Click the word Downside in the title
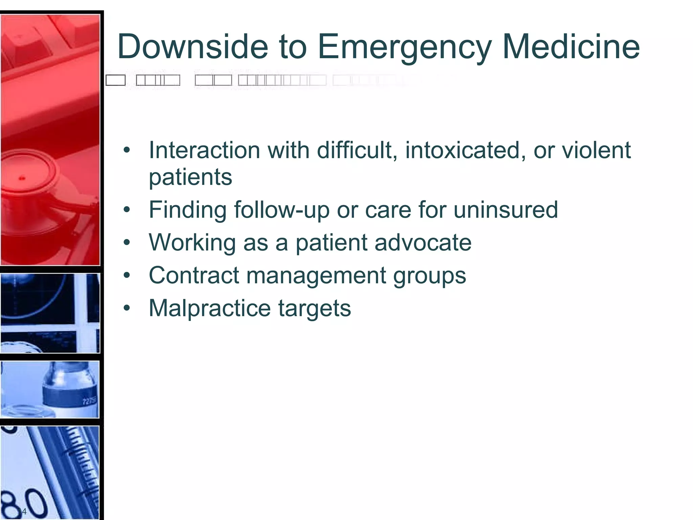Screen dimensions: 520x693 click(x=193, y=46)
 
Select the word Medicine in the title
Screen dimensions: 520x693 click(x=571, y=46)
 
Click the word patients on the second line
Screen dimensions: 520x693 click(x=191, y=177)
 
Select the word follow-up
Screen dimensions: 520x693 click(x=282, y=210)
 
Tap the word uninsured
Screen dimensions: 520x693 click(x=506, y=210)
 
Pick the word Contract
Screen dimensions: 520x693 click(x=194, y=275)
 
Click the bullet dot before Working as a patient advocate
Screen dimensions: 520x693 click(x=127, y=242)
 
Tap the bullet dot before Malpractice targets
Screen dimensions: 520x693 click(x=127, y=308)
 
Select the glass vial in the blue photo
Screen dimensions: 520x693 click(x=69, y=389)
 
